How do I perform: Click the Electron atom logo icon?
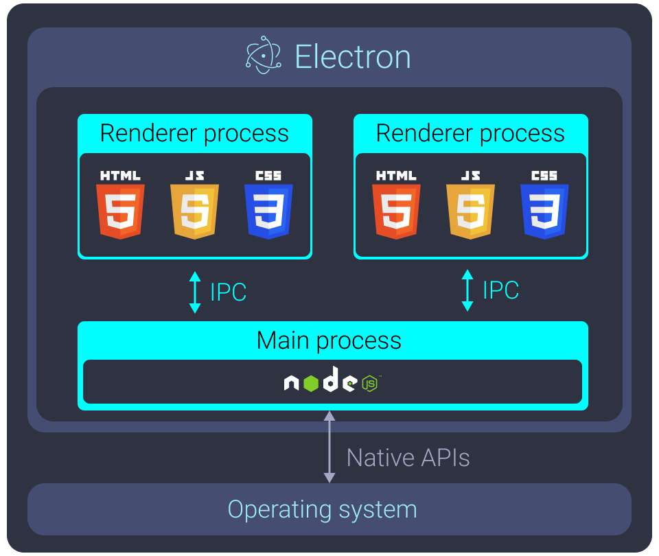(x=263, y=56)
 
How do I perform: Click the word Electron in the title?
(x=353, y=56)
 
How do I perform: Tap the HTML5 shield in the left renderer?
(x=121, y=211)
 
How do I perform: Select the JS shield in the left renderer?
(x=194, y=211)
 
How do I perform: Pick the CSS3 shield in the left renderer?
(x=268, y=211)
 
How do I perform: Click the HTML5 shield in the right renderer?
(x=397, y=211)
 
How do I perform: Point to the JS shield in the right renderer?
(x=470, y=211)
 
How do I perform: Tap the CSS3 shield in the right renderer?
(x=544, y=211)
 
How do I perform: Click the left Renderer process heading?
(x=194, y=133)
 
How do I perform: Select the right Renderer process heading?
(x=470, y=133)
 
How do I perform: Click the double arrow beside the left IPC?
(x=195, y=292)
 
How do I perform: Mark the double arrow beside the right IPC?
(x=468, y=290)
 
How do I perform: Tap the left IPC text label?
(x=228, y=292)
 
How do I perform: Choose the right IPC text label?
(x=500, y=290)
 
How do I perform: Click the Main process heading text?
(x=329, y=340)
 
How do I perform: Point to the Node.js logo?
(x=332, y=382)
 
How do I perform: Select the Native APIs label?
(x=408, y=457)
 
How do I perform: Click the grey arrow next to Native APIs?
(x=329, y=447)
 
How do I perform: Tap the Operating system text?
(x=322, y=509)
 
